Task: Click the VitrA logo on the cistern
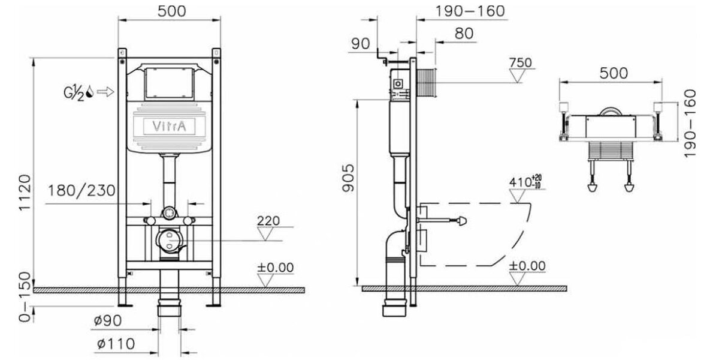tap(169, 126)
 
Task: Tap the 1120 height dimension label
tap(25, 193)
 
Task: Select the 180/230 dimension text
tap(81, 190)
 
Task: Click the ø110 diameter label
tap(116, 344)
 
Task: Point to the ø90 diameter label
tap(108, 320)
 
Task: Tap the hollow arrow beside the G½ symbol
tap(105, 92)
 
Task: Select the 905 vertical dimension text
tap(348, 178)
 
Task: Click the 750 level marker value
tap(520, 62)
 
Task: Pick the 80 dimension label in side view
tap(464, 34)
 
